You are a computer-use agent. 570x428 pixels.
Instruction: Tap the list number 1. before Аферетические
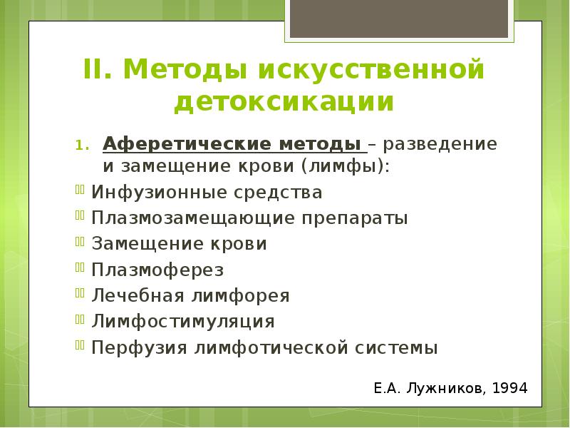point(81,146)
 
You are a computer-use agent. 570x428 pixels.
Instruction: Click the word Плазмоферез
point(157,270)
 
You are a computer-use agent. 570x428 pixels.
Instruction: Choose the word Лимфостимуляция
point(183,321)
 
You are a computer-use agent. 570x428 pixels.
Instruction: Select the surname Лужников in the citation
point(446,389)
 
